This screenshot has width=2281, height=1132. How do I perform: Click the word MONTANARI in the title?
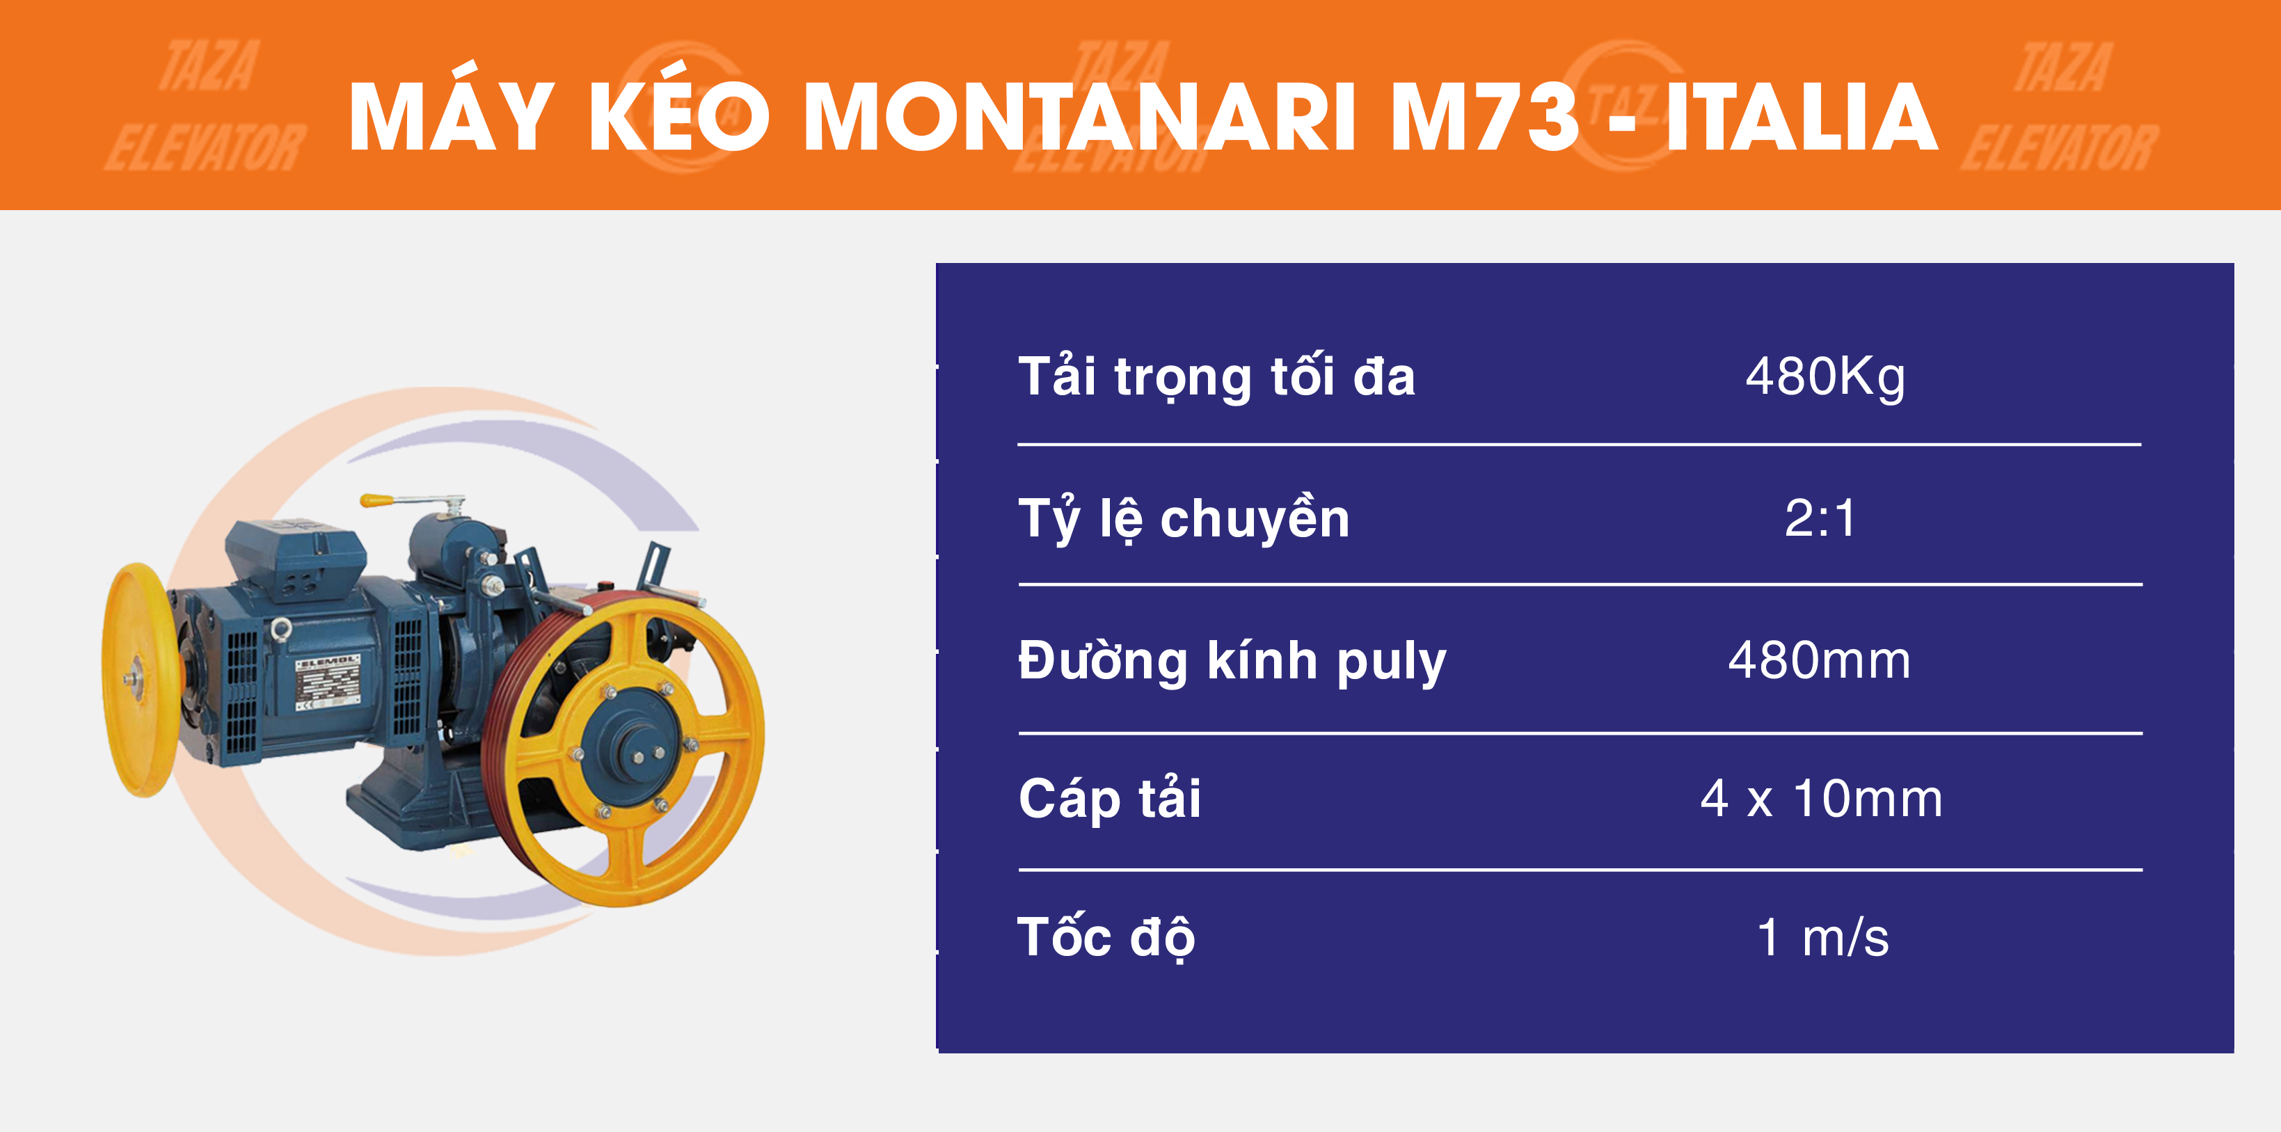1079,117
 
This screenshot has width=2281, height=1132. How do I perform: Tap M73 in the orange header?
1484,117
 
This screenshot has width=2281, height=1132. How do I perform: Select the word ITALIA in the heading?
1802,117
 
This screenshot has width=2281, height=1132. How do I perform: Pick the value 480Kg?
1825,377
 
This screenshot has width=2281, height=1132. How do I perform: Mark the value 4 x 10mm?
1822,799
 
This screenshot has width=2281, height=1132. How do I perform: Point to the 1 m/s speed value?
1822,937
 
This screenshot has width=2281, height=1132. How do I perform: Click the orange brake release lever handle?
376,500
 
